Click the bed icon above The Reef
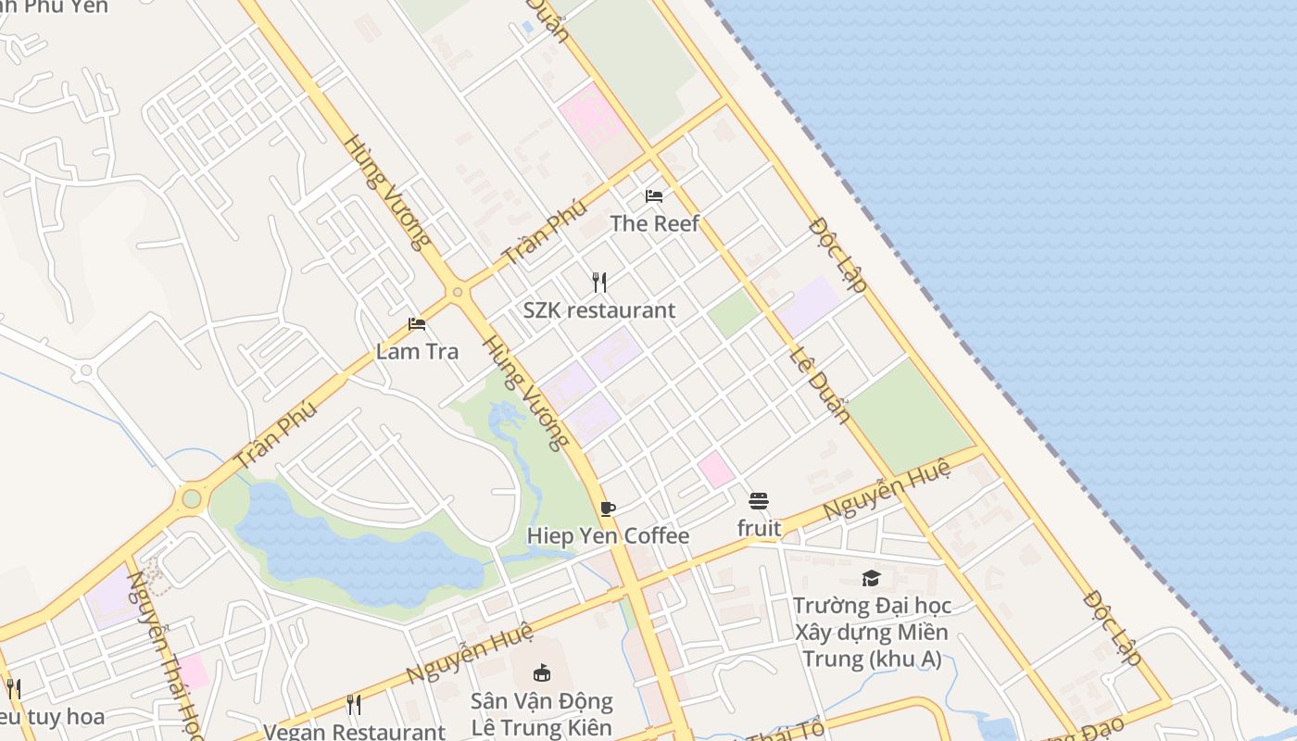click(x=654, y=196)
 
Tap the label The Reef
click(x=654, y=223)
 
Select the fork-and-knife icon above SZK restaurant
click(x=599, y=282)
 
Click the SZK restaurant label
click(x=599, y=310)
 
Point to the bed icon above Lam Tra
click(x=417, y=324)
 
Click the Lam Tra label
click(x=417, y=352)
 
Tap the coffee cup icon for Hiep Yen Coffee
click(x=608, y=509)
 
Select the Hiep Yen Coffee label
click(x=608, y=536)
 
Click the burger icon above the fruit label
click(x=759, y=501)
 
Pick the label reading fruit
click(x=759, y=529)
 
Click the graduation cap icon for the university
click(x=871, y=579)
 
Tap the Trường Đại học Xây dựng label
click(x=871, y=633)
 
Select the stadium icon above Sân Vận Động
click(x=542, y=672)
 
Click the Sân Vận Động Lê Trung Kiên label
click(x=542, y=713)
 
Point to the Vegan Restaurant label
click(x=354, y=731)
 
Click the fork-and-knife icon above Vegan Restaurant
click(x=354, y=705)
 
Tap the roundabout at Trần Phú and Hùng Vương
click(x=457, y=293)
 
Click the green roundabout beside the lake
click(x=192, y=499)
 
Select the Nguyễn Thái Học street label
click(x=165, y=654)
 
